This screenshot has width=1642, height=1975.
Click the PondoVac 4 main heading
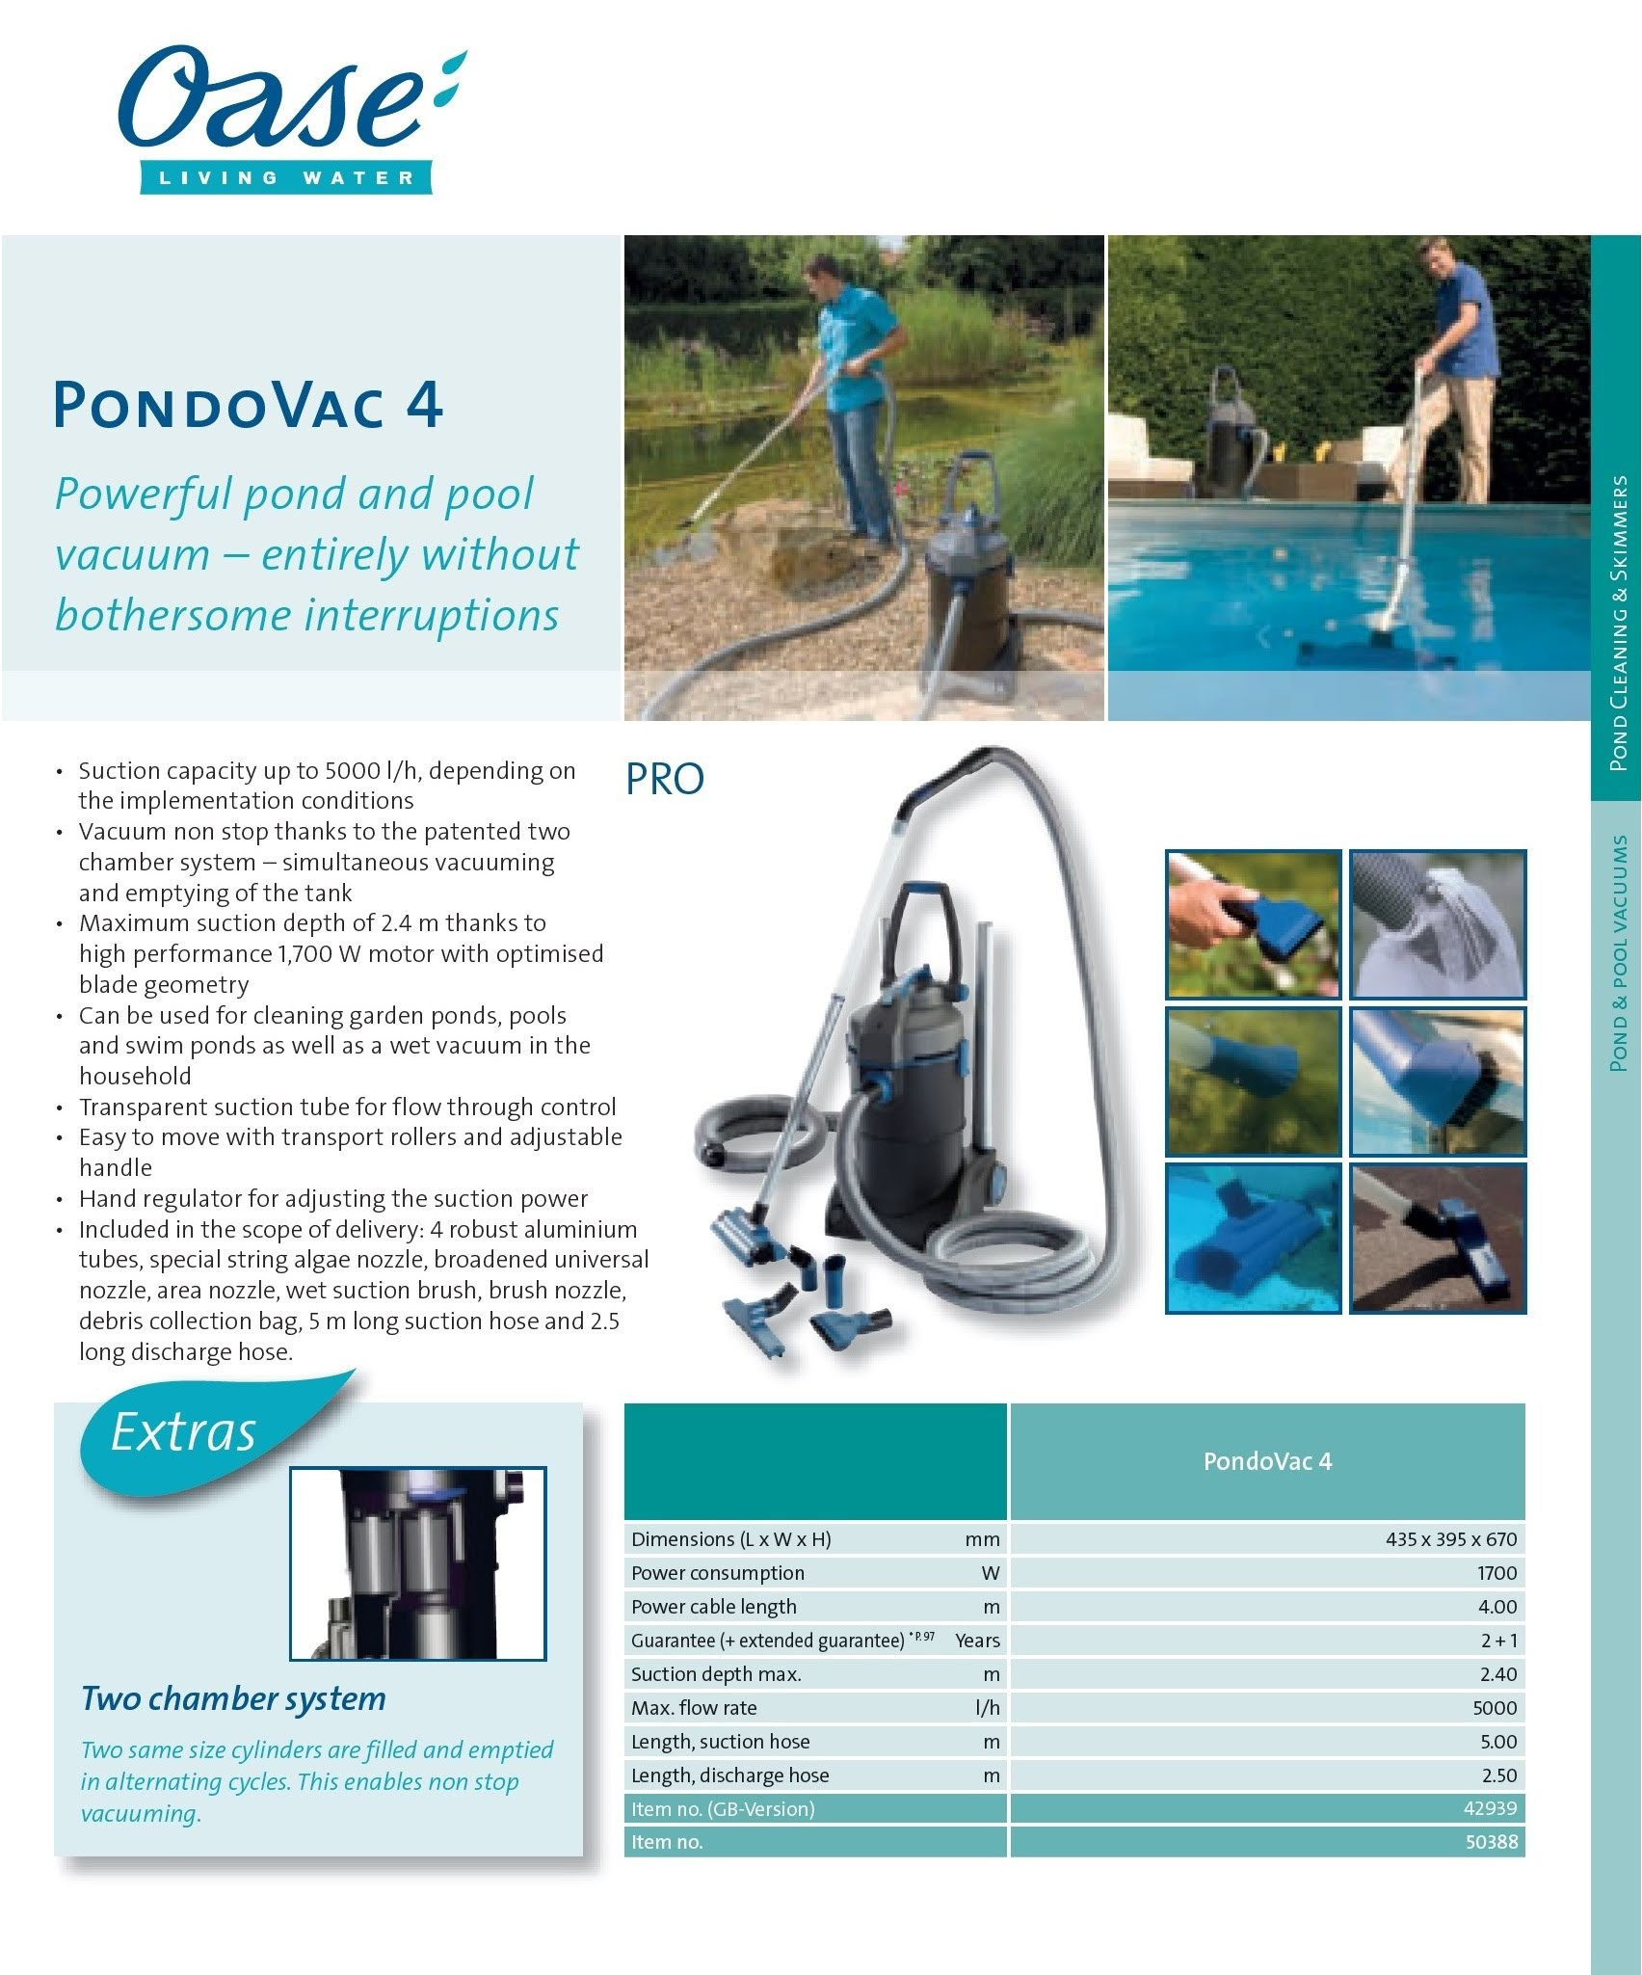(x=248, y=405)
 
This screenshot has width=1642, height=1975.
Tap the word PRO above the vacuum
(x=665, y=779)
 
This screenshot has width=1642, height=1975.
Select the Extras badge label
(x=183, y=1432)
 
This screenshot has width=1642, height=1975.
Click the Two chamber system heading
(x=233, y=1697)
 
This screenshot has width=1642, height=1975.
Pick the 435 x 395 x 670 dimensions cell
(x=1450, y=1539)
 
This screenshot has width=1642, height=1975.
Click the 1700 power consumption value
(x=1496, y=1573)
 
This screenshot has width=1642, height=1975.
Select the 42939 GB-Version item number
(x=1490, y=1808)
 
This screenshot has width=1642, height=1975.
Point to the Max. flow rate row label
(x=694, y=1708)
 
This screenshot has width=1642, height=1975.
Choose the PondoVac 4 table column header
(x=1267, y=1461)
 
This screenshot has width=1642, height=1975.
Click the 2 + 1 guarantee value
(x=1498, y=1641)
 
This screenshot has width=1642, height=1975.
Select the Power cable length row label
(x=714, y=1607)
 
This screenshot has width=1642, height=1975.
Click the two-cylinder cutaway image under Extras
(x=418, y=1563)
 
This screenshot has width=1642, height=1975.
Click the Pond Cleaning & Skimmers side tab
(x=1617, y=622)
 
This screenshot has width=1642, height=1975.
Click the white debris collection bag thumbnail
(x=1437, y=923)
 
